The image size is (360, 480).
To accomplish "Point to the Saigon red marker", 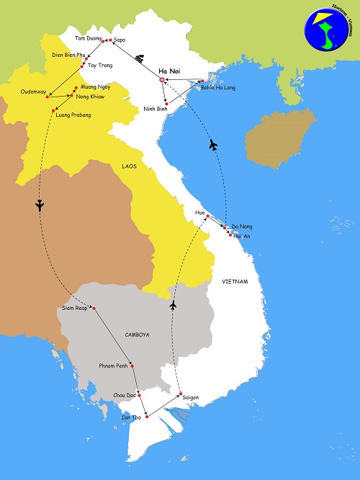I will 181,394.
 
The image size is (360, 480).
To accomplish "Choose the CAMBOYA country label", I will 137,334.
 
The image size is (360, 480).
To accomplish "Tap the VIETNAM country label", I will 235,281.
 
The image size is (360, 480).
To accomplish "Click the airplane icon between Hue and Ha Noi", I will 212,145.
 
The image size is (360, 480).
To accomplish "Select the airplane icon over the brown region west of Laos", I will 40,205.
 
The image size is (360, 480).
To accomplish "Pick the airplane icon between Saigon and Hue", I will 173,306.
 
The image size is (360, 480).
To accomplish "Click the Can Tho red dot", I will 148,415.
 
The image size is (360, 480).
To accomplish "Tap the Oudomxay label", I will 33,92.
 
